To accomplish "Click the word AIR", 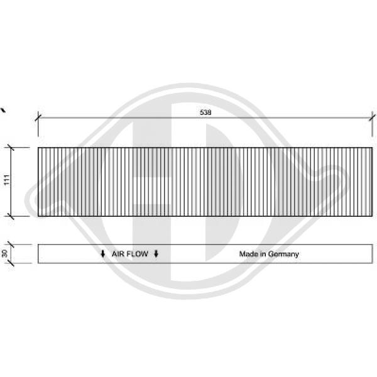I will click(118, 254).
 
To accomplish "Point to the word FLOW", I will click(139, 254).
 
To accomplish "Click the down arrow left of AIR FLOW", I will click(102, 254).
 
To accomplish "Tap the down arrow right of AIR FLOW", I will click(156, 254).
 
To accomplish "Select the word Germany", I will click(283, 254).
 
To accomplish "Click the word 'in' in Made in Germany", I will click(263, 254).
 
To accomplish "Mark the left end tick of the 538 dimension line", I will click(38, 117).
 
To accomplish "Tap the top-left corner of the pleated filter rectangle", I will click(38, 148).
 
